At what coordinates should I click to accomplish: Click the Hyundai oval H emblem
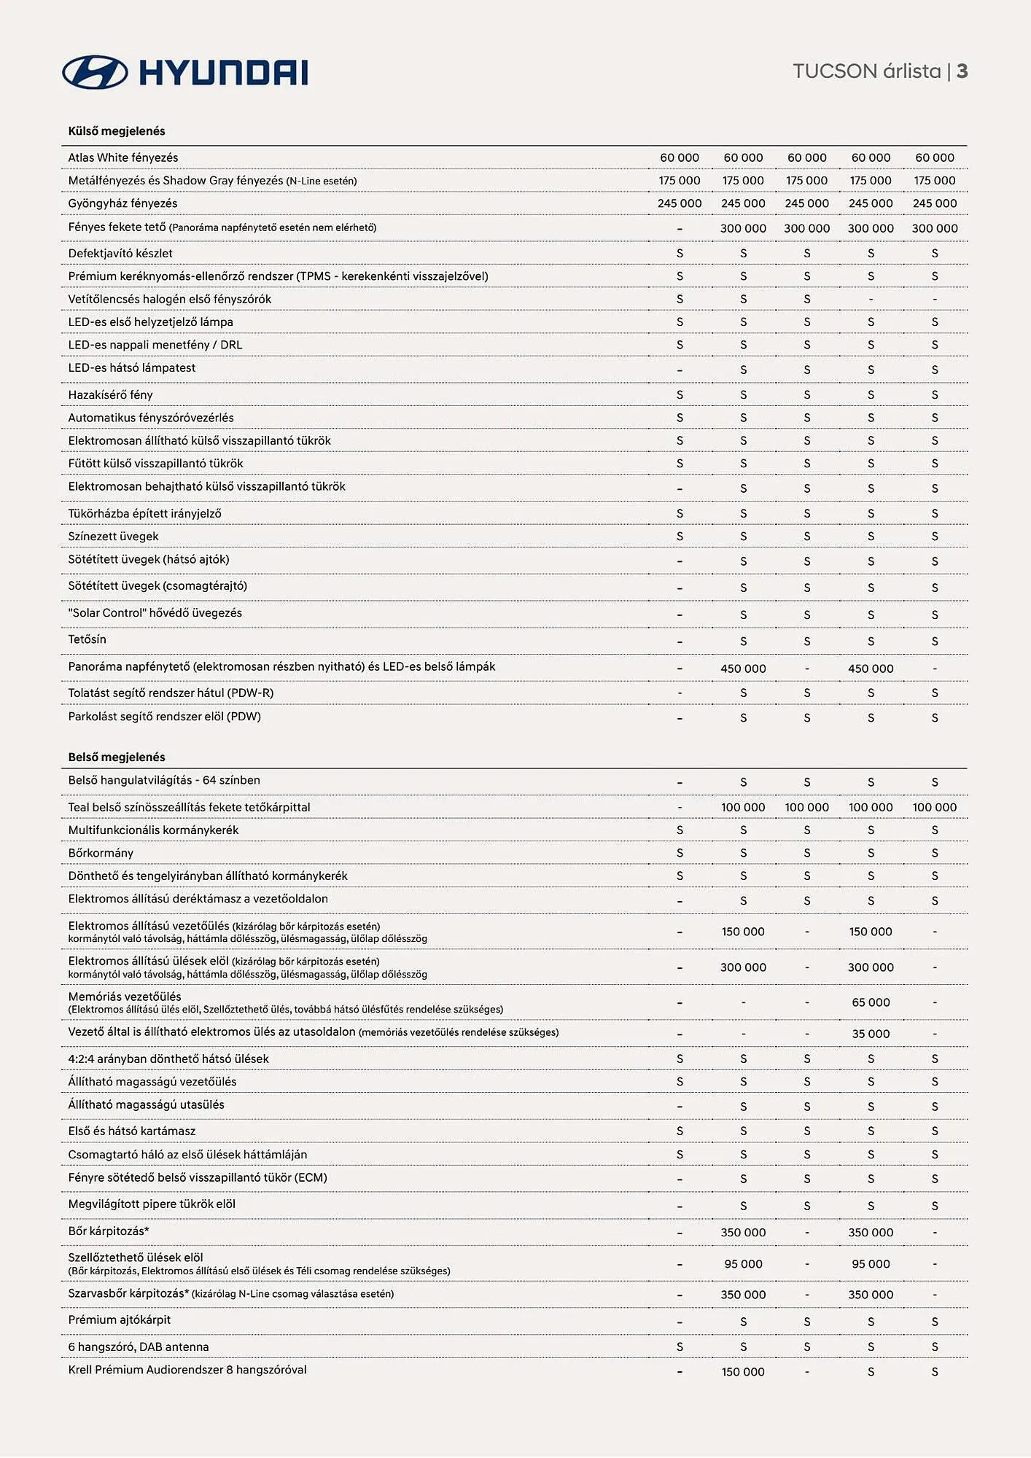pos(95,72)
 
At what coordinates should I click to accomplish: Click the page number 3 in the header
pos(962,71)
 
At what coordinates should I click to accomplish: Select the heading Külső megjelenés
pos(117,131)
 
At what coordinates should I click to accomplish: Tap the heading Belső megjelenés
pos(117,757)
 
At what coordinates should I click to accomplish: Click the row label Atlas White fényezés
pos(123,157)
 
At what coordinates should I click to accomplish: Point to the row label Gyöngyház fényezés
pos(122,203)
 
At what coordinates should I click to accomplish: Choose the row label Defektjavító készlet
pos(120,253)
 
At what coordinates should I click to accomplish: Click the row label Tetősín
pos(87,639)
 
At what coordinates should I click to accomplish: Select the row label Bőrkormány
pos(101,853)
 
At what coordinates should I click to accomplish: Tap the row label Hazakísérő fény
pos(110,394)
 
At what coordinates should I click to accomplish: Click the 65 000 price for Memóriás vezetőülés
pos(871,1002)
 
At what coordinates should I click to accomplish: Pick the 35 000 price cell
pos(871,1034)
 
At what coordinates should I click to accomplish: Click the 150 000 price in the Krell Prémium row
pos(743,1372)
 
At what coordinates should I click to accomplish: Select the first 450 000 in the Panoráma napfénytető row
pos(743,668)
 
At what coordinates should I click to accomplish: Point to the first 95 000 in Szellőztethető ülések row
pos(743,1264)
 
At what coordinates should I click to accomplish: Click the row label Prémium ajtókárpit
pos(119,1319)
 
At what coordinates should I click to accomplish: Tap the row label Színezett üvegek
pos(113,537)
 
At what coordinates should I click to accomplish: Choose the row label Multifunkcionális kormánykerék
pos(153,830)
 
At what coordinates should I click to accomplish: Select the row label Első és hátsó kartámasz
pos(132,1131)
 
